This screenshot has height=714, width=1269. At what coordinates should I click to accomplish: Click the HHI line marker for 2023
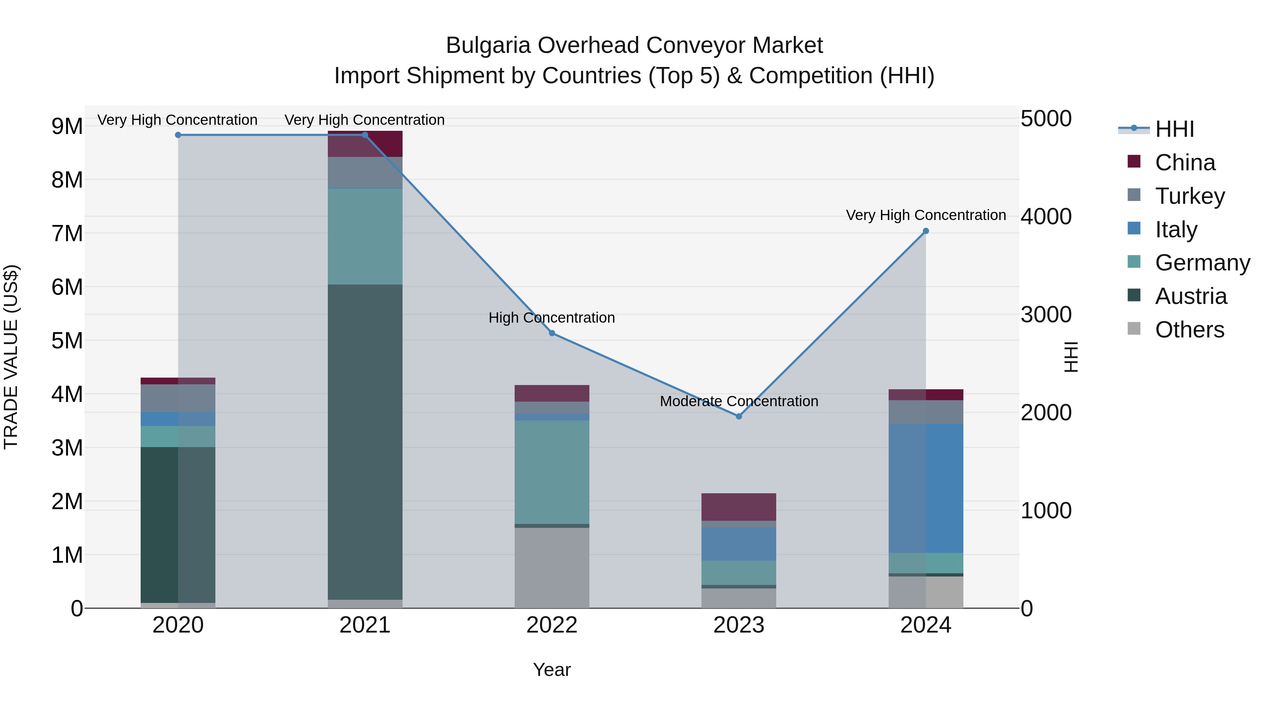coord(738,416)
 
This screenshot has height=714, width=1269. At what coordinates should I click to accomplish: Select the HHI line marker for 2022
coord(552,333)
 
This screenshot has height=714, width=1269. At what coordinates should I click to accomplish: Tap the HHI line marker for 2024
coord(926,231)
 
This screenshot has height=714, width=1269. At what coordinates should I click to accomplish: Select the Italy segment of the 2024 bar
coord(926,488)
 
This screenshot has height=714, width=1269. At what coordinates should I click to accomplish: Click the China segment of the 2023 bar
coord(738,507)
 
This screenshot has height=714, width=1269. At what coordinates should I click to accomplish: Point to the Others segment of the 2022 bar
coord(552,568)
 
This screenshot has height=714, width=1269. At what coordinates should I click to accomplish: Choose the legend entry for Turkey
coord(1189,196)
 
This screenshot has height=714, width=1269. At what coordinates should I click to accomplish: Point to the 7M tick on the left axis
coord(67,233)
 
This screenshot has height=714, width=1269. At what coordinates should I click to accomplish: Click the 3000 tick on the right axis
coord(1046,315)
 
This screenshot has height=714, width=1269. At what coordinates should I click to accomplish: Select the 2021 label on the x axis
coord(365,625)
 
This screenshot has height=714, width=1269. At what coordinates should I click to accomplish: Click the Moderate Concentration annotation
coord(738,401)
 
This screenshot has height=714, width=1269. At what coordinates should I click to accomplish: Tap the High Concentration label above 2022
coord(552,318)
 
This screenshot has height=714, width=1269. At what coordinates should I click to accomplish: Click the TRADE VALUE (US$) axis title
coord(11,357)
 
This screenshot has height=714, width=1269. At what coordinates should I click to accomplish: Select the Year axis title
coord(552,670)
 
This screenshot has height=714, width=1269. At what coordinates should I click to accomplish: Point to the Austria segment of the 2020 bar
coord(178,524)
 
